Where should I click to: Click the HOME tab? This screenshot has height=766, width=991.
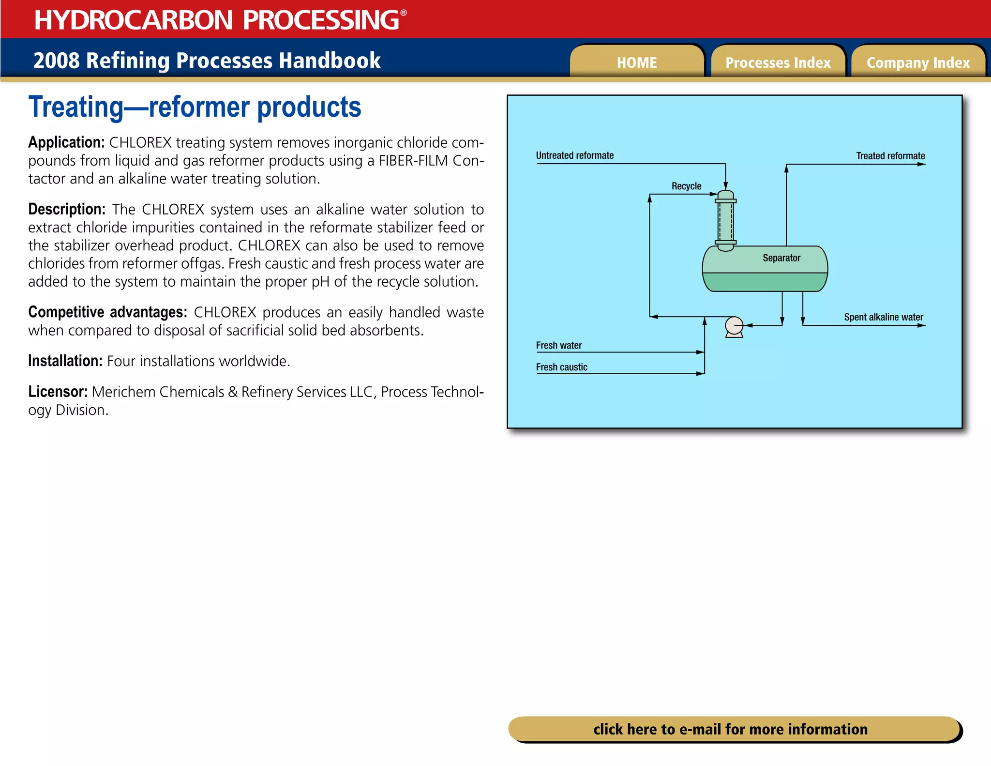[x=636, y=62]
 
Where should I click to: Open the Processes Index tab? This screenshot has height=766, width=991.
[x=778, y=62]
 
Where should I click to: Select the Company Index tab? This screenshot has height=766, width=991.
[x=918, y=62]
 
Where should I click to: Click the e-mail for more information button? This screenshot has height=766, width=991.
[x=731, y=729]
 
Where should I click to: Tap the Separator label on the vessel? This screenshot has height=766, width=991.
[x=781, y=258]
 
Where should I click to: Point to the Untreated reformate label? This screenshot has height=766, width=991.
[x=574, y=155]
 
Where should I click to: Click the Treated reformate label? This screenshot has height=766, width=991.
[x=890, y=156]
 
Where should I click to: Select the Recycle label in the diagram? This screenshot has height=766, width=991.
[x=686, y=186]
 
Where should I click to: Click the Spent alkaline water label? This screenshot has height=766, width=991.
[x=884, y=317]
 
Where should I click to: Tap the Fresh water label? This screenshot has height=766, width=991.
[x=558, y=345]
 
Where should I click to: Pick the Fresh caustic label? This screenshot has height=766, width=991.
[x=561, y=367]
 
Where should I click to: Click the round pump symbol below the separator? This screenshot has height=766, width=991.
[x=734, y=325]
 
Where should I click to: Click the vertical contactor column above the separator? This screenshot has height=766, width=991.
[x=725, y=221]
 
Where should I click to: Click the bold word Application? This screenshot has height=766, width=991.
[x=66, y=142]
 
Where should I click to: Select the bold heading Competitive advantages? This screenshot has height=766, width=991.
[x=107, y=312]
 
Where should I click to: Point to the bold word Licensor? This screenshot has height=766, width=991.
[x=58, y=392]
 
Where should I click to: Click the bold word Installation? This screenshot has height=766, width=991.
[x=65, y=361]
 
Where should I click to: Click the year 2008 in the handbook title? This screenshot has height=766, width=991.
[x=56, y=61]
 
